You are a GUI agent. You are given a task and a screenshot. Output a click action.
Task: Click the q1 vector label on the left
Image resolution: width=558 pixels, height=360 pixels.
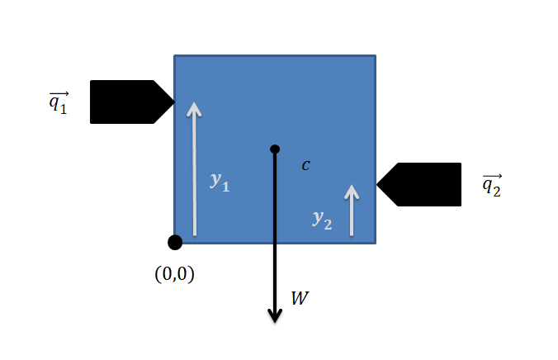click(58, 104)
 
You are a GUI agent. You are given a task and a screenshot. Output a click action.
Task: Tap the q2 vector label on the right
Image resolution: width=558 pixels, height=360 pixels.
click(491, 187)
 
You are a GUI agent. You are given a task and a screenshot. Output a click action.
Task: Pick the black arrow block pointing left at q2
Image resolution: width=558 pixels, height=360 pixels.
click(425, 184)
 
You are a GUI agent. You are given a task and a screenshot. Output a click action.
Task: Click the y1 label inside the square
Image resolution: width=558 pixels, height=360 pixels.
click(220, 182)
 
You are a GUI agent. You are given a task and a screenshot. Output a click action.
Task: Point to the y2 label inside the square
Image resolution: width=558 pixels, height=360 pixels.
click(322, 219)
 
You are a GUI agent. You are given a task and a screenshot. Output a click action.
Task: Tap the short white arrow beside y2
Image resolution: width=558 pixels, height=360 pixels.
click(352, 211)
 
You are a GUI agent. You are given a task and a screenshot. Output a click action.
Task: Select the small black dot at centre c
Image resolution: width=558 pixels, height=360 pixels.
click(275, 149)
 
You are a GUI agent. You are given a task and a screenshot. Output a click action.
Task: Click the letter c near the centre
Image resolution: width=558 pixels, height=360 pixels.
click(305, 165)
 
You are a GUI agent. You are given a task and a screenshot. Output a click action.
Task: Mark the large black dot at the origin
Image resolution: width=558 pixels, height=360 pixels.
click(175, 242)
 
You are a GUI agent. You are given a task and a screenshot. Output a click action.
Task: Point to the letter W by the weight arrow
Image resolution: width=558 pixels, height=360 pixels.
click(300, 298)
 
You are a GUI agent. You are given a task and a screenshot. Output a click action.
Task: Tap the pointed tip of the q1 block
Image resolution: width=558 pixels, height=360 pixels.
click(173, 102)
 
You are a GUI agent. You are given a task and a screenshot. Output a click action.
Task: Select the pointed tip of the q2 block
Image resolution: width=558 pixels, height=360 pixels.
click(378, 184)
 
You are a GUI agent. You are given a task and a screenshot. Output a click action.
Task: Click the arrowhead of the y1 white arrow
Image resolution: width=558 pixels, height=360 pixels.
click(194, 108)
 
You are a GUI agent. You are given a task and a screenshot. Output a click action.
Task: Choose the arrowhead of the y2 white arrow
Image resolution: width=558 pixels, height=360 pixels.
click(352, 191)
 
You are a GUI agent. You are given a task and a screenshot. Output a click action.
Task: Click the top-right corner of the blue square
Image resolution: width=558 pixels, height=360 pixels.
click(376, 56)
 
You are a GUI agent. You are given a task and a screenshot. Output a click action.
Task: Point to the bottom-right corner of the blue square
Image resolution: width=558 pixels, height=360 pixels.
click(376, 243)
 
